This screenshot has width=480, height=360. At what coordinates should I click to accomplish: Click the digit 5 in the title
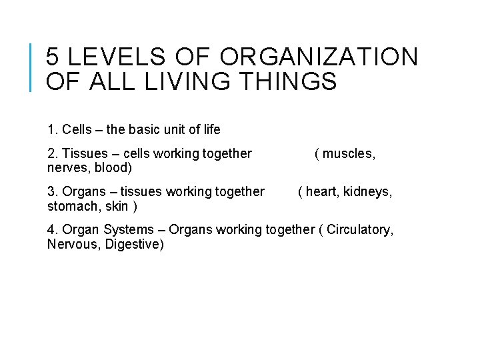tap(53, 57)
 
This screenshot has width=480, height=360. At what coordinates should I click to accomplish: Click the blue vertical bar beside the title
tap(33, 67)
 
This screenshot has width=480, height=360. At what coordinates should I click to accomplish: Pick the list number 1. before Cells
tap(53, 129)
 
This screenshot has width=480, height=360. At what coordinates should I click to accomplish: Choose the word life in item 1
tap(209, 129)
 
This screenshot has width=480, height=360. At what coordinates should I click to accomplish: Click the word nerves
tap(65, 168)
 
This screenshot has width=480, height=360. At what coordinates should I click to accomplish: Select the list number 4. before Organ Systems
tap(53, 230)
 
